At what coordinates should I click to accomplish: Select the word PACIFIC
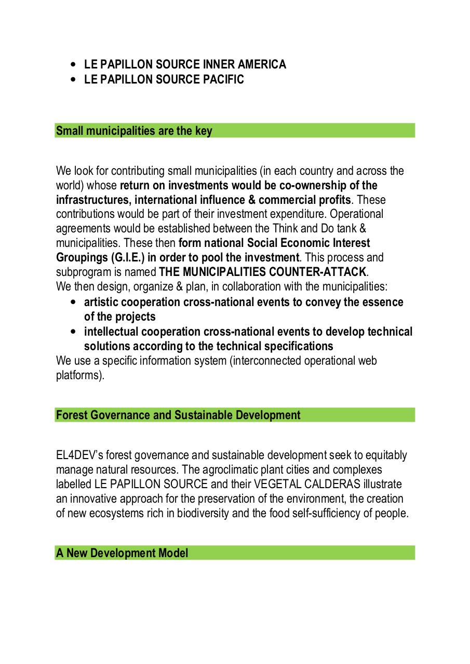[223, 79]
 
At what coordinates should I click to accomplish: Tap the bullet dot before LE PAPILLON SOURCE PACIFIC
[73, 80]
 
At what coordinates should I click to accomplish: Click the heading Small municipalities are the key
[134, 131]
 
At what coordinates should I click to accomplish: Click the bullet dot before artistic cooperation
[73, 302]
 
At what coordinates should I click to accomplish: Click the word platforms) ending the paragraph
[80, 375]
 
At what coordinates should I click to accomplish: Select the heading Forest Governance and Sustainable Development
[178, 415]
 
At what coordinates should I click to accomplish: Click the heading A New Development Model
[122, 553]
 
